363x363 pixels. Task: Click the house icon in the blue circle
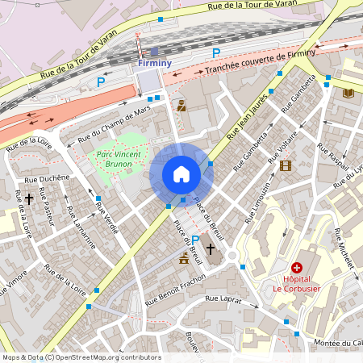(181, 174)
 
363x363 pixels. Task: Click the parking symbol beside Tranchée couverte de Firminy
(215, 53)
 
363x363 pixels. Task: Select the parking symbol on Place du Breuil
(195, 240)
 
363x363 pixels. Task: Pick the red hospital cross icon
(297, 267)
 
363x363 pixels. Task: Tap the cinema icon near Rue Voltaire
(285, 165)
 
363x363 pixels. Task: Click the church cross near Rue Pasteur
(29, 197)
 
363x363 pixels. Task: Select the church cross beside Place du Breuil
(211, 249)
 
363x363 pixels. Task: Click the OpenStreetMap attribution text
(81, 357)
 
